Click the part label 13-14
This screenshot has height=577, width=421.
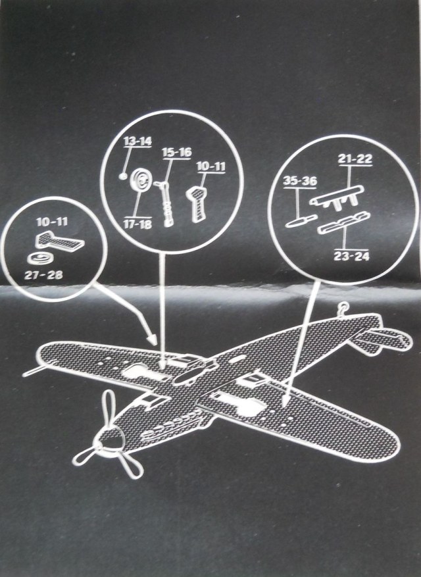point(137,141)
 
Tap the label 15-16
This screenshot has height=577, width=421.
point(176,153)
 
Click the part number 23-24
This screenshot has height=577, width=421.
point(351,255)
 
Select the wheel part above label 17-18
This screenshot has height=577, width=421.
point(140,180)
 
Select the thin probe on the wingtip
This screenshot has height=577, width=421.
point(32,372)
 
